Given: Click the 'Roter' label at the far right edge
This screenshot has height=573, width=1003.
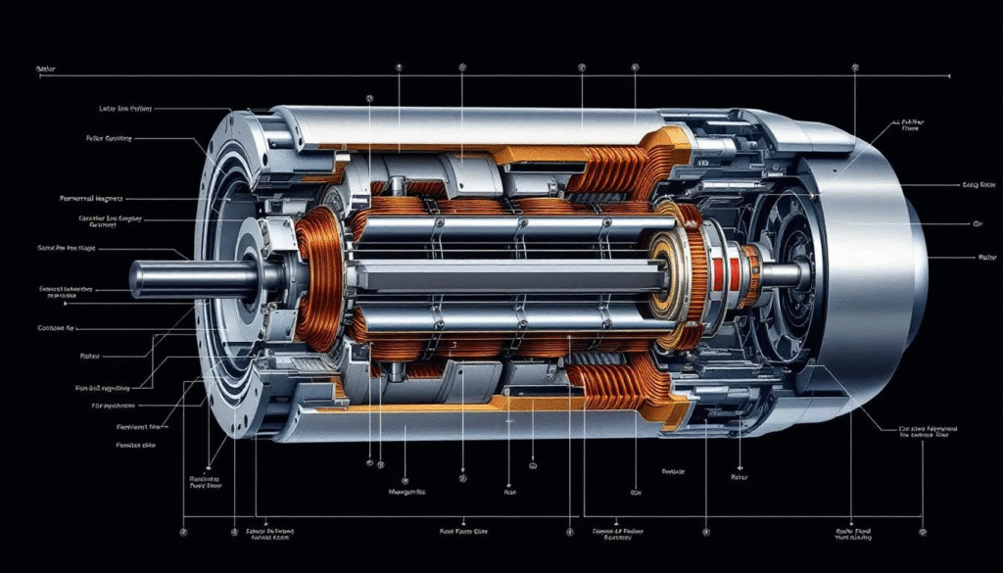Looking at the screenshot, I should click(986, 258).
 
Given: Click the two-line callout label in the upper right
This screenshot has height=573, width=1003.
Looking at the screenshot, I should click(911, 126).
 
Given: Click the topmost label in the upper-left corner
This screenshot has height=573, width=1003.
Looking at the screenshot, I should click(45, 70).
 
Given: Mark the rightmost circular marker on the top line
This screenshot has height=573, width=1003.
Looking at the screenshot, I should click(855, 68).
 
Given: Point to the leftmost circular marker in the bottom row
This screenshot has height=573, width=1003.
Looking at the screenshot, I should click(183, 532).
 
